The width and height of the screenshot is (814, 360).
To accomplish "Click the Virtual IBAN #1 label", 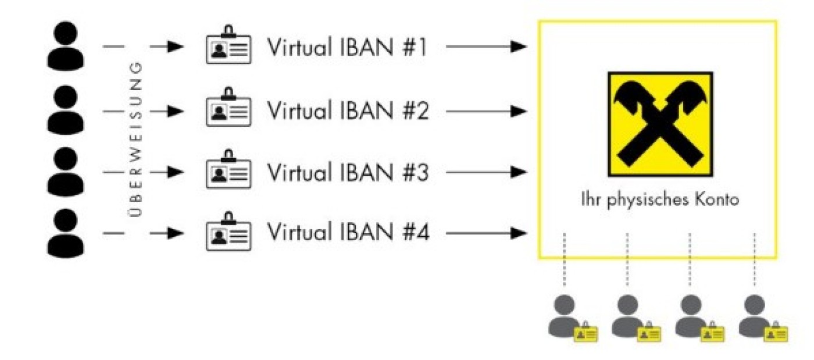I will click(347, 48).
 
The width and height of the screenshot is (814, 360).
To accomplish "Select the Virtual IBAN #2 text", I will click(347, 111).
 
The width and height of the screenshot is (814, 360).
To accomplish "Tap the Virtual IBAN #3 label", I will click(347, 173).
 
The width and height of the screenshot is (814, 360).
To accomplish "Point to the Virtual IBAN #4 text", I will click(347, 234).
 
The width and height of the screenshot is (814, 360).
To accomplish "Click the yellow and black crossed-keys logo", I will click(660, 124).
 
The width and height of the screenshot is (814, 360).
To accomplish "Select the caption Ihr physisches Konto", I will click(659, 199).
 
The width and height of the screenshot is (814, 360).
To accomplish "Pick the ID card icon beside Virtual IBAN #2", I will click(229, 111).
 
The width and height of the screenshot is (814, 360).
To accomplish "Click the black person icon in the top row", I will click(65, 45).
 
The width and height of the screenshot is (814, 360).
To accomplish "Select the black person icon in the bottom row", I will click(65, 233).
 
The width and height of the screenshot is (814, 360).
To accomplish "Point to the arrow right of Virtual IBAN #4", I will click(486, 234).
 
